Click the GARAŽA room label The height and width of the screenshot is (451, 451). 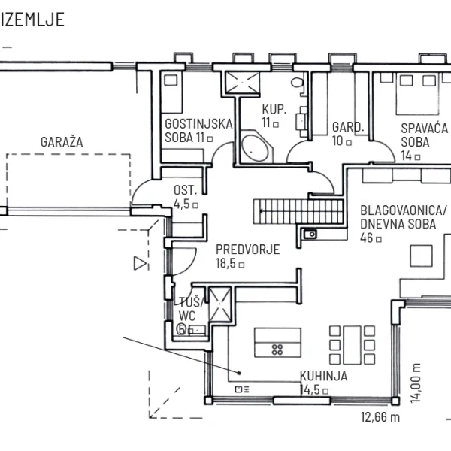tap(62, 142)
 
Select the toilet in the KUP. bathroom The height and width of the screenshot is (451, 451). tap(297, 83)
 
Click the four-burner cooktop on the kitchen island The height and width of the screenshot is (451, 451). tap(277, 350)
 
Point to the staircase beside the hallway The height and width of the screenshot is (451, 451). tap(298, 211)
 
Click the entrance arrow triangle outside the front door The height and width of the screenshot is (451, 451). tap(140, 263)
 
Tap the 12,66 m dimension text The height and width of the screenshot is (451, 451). tap(380, 417)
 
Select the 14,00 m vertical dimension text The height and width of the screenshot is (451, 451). tap(416, 383)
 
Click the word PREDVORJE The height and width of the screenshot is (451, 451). tap(247, 250)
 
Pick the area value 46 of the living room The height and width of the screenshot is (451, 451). tap(367, 238)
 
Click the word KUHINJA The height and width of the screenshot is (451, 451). tap(323, 376)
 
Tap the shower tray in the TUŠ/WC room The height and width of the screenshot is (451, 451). tap(219, 305)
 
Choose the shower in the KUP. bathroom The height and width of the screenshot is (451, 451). tap(242, 83)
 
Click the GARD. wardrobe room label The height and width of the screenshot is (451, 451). tap(348, 127)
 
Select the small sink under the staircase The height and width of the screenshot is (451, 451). tap(310, 234)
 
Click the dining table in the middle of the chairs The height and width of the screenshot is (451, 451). tap(353, 345)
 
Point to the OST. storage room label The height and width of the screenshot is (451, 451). tap(185, 190)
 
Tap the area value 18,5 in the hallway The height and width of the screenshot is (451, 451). tap(225, 263)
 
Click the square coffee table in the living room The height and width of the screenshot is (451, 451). tap(421, 256)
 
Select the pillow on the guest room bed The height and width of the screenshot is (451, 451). tap(171, 80)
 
